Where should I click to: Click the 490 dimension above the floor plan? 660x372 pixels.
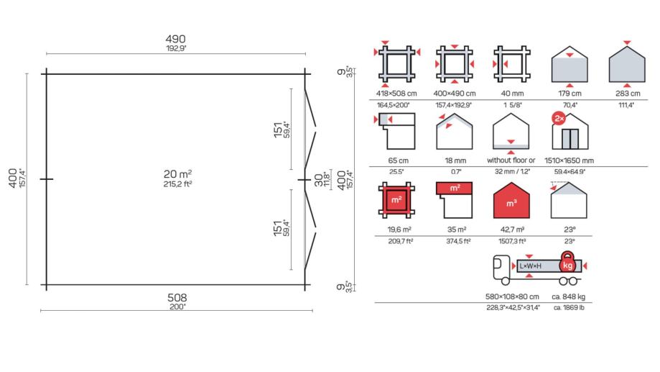tap(175, 40)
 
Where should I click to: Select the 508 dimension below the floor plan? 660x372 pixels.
tap(177, 298)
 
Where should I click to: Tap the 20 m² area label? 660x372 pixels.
tap(177, 174)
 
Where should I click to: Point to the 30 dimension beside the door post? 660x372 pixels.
tap(319, 180)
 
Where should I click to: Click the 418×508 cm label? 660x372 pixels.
tap(396, 94)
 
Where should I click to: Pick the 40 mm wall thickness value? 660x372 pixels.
tap(512, 94)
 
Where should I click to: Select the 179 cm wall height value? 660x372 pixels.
tap(570, 94)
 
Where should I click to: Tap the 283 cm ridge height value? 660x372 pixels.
tap(628, 94)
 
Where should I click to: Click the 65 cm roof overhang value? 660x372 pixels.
tap(398, 160)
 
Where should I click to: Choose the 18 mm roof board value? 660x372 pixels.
tap(455, 160)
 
